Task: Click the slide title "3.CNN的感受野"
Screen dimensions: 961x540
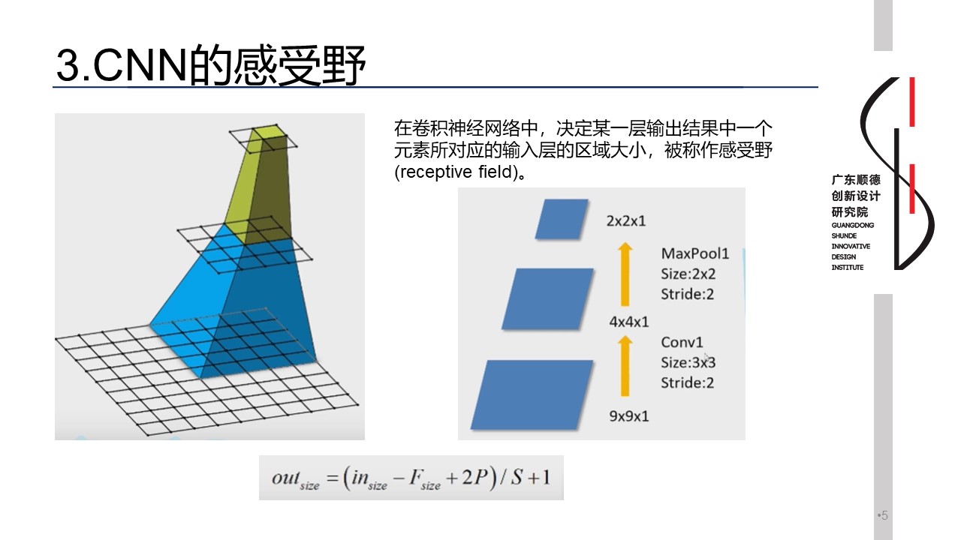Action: pyautogui.click(x=211, y=65)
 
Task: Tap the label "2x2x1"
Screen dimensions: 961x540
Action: pyautogui.click(x=626, y=221)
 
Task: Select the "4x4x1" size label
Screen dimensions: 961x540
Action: pyautogui.click(x=629, y=322)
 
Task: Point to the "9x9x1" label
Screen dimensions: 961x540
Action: pyautogui.click(x=629, y=416)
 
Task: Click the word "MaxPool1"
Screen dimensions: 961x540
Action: pyautogui.click(x=695, y=253)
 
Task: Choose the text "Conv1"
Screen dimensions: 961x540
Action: pyautogui.click(x=682, y=343)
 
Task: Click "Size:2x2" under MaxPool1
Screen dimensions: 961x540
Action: pyautogui.click(x=688, y=274)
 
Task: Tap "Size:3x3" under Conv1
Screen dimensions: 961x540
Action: pyautogui.click(x=688, y=362)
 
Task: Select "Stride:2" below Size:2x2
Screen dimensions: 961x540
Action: pyautogui.click(x=687, y=295)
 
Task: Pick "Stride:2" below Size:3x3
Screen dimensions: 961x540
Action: pyautogui.click(x=687, y=382)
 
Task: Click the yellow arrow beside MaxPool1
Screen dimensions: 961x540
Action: pyautogui.click(x=625, y=274)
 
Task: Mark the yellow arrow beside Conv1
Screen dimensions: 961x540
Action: pyautogui.click(x=625, y=366)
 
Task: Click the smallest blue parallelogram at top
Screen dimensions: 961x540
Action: pyautogui.click(x=562, y=219)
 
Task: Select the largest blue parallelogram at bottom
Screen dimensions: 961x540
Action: pyautogui.click(x=532, y=394)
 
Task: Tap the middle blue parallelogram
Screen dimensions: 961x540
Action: pyautogui.click(x=547, y=299)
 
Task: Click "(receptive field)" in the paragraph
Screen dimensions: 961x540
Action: pyautogui.click(x=456, y=172)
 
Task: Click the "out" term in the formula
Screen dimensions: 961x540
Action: pyautogui.click(x=285, y=478)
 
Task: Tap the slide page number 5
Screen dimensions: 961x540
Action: pyautogui.click(x=884, y=515)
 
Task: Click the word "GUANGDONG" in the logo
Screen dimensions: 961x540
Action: pyautogui.click(x=852, y=226)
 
